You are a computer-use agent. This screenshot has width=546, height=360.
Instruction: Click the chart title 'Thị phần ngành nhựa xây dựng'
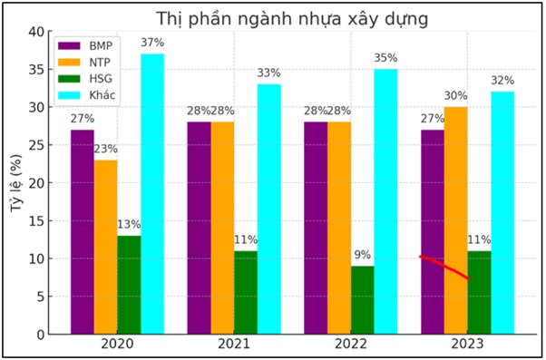[278, 18]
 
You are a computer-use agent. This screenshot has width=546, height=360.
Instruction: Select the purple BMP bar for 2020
[83, 231]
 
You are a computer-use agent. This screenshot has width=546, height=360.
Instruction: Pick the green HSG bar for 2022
[363, 299]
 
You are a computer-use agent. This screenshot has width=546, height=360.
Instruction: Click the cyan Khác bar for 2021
[268, 209]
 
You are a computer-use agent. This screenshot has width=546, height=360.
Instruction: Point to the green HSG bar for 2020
[129, 285]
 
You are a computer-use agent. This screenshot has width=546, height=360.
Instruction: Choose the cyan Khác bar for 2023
[502, 212]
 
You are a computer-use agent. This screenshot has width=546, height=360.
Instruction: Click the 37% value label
[152, 44]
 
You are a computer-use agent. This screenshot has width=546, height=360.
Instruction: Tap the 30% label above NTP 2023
[456, 96]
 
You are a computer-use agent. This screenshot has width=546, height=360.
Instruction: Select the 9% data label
[363, 255]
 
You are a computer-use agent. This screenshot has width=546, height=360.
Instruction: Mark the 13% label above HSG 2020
[129, 225]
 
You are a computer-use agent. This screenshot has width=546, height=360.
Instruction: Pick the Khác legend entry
[92, 95]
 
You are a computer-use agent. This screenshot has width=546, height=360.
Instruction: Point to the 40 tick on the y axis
[36, 31]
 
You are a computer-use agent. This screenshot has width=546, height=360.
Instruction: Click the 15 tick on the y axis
[36, 220]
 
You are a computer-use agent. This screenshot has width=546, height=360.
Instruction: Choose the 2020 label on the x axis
[117, 345]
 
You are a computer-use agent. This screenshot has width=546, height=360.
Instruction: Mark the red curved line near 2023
[444, 267]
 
